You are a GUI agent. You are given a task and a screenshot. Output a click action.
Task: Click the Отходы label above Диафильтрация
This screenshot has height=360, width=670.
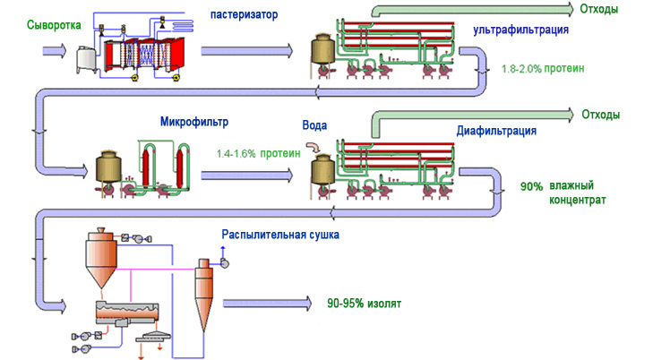[x=601, y=115]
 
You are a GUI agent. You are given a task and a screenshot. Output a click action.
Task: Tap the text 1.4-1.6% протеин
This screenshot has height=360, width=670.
[x=258, y=153]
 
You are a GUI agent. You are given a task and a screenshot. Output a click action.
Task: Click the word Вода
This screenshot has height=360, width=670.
[x=318, y=126]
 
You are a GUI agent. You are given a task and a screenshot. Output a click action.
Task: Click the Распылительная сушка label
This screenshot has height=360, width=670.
[x=281, y=236]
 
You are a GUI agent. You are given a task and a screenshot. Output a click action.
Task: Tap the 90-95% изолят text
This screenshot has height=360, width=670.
[x=365, y=304]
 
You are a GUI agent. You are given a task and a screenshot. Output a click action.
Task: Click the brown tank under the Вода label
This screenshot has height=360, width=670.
[x=320, y=170]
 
